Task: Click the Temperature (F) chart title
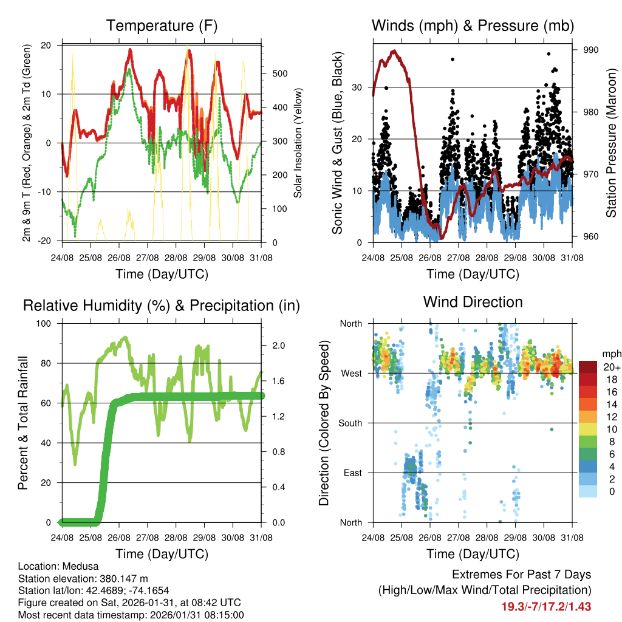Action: [162, 26]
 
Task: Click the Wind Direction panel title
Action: [473, 302]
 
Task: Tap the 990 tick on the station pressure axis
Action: [591, 50]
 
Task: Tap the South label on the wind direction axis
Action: [350, 423]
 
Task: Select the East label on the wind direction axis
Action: [353, 473]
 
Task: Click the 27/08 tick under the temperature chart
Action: [148, 258]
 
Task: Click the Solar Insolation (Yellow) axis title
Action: [298, 143]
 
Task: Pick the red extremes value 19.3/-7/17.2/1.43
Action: [545, 606]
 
